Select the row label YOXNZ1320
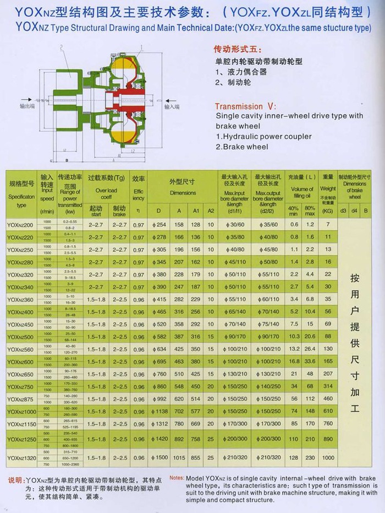[21, 457]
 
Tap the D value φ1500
[159, 457]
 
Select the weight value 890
[328, 439]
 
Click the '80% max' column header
[310, 210]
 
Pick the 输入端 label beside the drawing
[172, 106]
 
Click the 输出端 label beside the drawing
[27, 105]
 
